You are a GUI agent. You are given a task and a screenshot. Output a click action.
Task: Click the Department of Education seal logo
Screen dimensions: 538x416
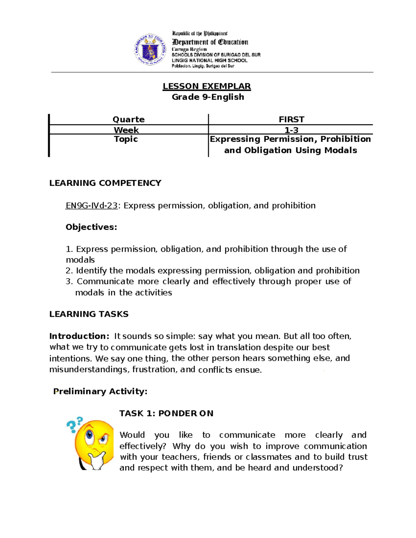(x=150, y=50)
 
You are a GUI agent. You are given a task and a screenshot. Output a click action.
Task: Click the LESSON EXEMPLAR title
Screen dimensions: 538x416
(x=207, y=86)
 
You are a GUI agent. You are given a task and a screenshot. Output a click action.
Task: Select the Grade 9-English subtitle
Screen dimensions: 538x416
(x=208, y=97)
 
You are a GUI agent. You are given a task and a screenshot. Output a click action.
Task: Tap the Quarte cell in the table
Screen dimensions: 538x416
(x=129, y=120)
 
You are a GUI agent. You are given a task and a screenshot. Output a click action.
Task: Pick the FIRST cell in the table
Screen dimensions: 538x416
(x=291, y=120)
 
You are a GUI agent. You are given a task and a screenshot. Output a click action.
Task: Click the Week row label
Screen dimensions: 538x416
(x=126, y=130)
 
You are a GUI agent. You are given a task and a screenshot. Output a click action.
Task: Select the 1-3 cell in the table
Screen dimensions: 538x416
(x=291, y=130)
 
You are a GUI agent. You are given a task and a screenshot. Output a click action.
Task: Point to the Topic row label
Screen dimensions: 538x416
(x=126, y=139)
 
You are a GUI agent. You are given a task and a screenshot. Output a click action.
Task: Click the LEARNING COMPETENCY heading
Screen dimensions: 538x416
(x=105, y=183)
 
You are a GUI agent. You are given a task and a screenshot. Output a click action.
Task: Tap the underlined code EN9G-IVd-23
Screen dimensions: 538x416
(x=92, y=206)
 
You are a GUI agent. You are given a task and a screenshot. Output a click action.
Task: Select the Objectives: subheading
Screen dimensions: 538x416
(x=91, y=227)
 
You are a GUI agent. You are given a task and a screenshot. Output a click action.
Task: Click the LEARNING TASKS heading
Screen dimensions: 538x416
(x=89, y=314)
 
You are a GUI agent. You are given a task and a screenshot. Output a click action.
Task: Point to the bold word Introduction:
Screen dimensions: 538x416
(x=79, y=336)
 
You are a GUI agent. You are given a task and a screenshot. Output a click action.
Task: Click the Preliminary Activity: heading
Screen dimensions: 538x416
(x=100, y=391)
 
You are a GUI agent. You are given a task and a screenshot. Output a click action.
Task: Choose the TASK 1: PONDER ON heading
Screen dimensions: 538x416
(x=166, y=413)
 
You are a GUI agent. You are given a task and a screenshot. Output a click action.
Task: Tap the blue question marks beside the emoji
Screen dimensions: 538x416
(x=74, y=424)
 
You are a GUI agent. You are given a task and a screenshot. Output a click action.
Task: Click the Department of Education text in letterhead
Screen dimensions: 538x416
(x=210, y=42)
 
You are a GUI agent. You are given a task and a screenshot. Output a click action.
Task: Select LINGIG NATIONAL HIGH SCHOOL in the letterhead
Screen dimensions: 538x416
(x=209, y=60)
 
